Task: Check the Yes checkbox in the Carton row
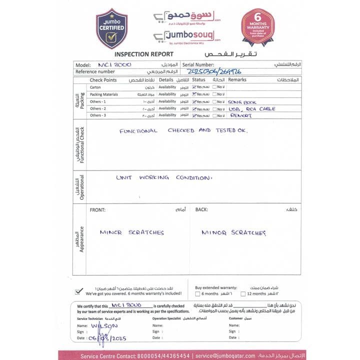(x=194, y=87)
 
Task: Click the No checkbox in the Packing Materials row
(x=214, y=94)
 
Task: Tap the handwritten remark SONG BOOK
(x=242, y=101)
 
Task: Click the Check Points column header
(x=103, y=80)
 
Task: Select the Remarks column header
(x=237, y=80)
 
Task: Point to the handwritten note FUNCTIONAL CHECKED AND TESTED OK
(x=183, y=130)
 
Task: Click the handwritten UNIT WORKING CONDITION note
(x=164, y=177)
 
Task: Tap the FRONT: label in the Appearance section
(x=97, y=210)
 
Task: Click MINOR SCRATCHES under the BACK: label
(x=233, y=232)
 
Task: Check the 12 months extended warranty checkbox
(x=243, y=294)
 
